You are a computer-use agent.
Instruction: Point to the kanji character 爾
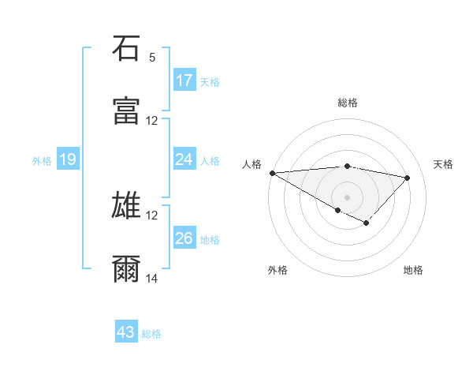(126, 268)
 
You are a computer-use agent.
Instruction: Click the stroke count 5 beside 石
(152, 58)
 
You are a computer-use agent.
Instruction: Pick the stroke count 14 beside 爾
(152, 279)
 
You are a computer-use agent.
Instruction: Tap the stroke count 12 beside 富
(152, 121)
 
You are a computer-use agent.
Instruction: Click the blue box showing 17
(184, 81)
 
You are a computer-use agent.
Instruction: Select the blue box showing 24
(184, 159)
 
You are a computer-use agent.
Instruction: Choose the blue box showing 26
(184, 238)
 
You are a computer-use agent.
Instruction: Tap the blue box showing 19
(68, 159)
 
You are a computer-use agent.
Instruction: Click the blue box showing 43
(126, 332)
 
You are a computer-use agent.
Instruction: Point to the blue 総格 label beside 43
(152, 334)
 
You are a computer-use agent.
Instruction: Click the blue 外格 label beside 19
(42, 161)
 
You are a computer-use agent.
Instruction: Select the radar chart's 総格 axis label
(348, 103)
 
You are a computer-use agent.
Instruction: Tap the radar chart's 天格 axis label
(444, 164)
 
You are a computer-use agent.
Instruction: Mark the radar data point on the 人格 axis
(272, 173)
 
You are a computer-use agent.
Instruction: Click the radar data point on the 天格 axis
(408, 178)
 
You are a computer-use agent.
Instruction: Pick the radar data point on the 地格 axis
(366, 223)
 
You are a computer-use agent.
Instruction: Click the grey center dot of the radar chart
(347, 197)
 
